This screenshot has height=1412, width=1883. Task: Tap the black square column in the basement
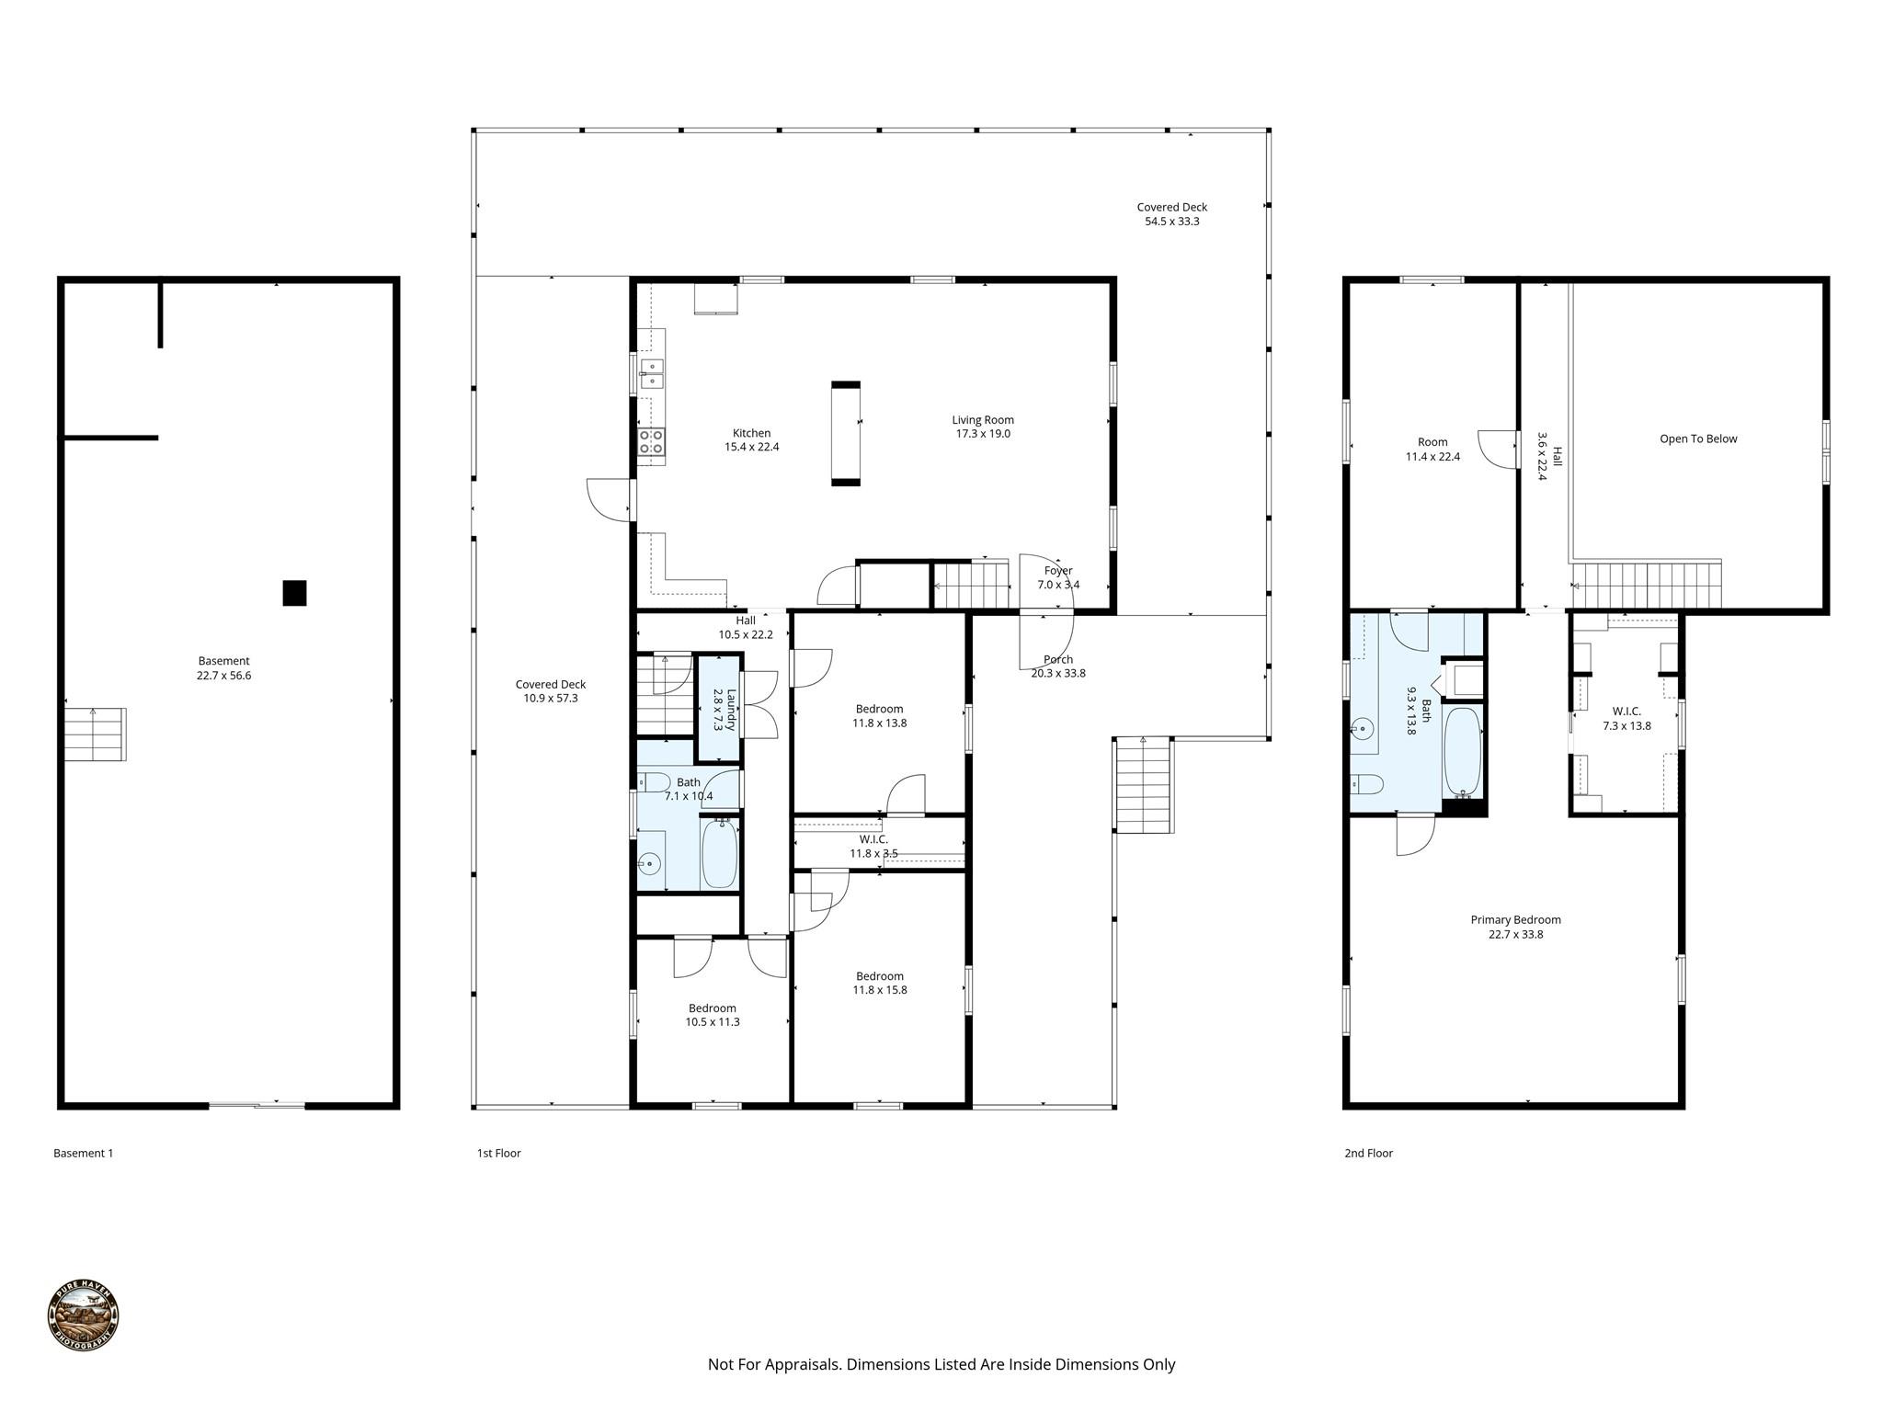pyautogui.click(x=294, y=593)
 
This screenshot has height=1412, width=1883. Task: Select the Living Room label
pyautogui.click(x=982, y=420)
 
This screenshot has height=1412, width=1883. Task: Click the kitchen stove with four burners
pyautogui.click(x=652, y=441)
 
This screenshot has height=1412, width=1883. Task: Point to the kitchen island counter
pyautogui.click(x=846, y=433)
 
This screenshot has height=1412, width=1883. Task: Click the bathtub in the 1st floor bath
pyautogui.click(x=720, y=853)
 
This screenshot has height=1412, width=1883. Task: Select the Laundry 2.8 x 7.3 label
pyautogui.click(x=725, y=710)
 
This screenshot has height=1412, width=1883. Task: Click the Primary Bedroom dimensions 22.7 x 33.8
pyautogui.click(x=1515, y=934)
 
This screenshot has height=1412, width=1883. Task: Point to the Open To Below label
pyautogui.click(x=1697, y=438)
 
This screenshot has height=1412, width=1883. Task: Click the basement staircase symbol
pyautogui.click(x=95, y=734)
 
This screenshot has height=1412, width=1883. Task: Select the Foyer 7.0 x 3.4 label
pyautogui.click(x=1058, y=577)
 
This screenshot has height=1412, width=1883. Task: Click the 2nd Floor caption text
pyautogui.click(x=1368, y=1153)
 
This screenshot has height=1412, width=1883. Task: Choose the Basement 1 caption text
pyautogui.click(x=83, y=1153)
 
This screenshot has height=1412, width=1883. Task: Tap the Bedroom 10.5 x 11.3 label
pyautogui.click(x=712, y=1015)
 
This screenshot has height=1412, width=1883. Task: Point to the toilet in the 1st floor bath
pyautogui.click(x=656, y=782)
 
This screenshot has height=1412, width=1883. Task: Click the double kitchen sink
pyautogui.click(x=652, y=372)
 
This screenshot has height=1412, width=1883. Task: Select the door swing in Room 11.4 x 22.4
pyautogui.click(x=1497, y=450)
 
